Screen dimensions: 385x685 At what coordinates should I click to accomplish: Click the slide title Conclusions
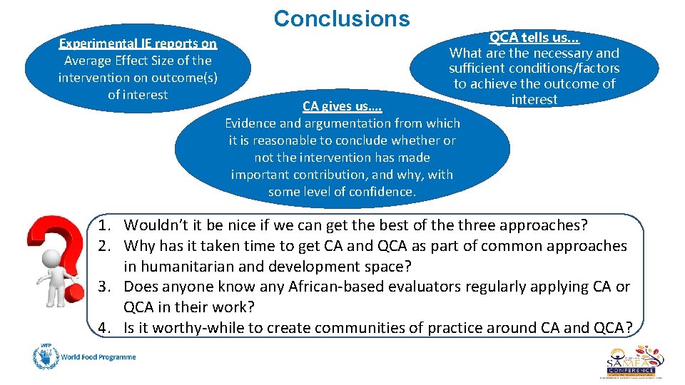tap(342, 19)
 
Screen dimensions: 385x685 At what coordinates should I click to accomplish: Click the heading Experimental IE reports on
tap(138, 43)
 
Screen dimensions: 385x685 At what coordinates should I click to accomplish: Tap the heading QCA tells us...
tap(534, 38)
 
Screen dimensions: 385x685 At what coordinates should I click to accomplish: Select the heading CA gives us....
tap(342, 106)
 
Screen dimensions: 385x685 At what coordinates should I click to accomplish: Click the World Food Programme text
tap(98, 356)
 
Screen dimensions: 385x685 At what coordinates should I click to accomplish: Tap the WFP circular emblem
tap(44, 356)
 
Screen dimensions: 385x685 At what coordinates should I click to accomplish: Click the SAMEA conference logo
tap(634, 360)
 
